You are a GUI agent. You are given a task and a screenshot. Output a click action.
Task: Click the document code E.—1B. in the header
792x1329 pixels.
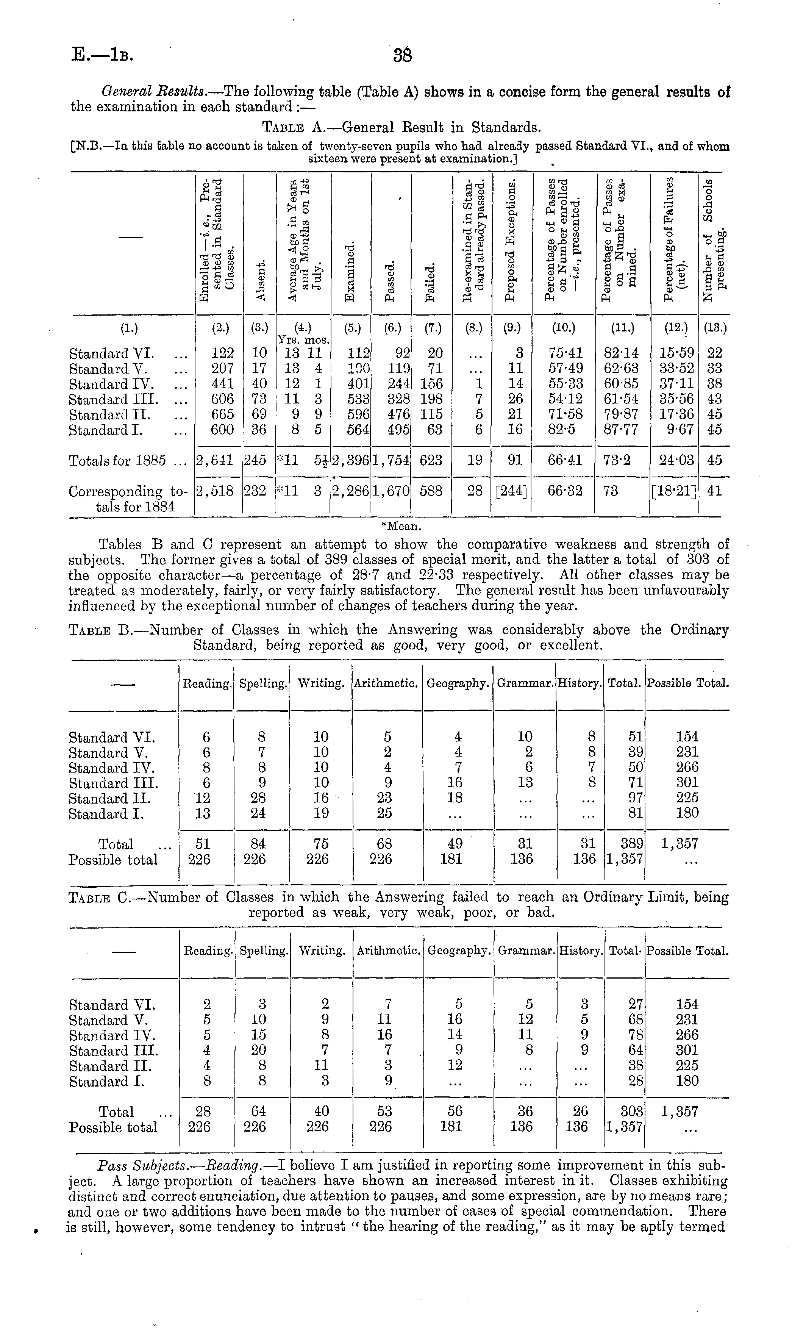coord(102,55)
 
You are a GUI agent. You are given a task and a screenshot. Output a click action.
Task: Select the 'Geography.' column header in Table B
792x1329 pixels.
coord(458,683)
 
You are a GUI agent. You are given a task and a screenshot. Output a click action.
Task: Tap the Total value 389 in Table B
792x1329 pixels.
coord(633,844)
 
